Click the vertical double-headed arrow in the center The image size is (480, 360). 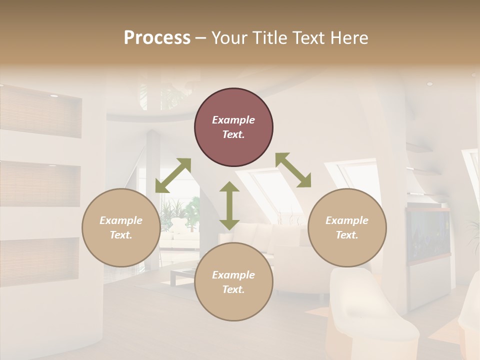click(229, 205)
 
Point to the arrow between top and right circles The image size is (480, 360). click(293, 170)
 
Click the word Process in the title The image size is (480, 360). click(157, 37)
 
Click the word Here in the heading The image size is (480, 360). click(349, 37)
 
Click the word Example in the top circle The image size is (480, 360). click(233, 120)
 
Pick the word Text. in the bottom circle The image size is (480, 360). click(233, 289)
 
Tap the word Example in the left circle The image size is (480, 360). click(121, 220)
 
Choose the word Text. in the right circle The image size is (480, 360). click(347, 235)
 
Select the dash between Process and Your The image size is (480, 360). click(201, 37)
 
